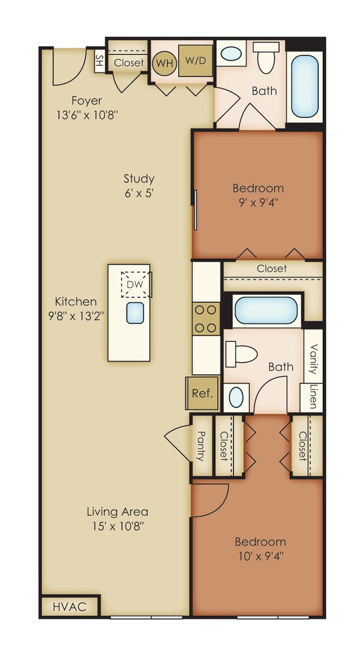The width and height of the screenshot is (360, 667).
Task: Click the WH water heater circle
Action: point(164,63)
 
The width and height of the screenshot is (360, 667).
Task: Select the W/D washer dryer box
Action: point(195,61)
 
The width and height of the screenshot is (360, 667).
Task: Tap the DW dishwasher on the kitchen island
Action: point(136,284)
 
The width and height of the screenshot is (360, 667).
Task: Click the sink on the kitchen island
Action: point(135,313)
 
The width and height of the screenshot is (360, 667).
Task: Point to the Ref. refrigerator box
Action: point(203,393)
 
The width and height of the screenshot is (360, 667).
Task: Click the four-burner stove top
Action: point(206,319)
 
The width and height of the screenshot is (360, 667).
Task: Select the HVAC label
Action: point(69,606)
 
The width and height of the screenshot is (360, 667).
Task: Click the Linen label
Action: point(313,397)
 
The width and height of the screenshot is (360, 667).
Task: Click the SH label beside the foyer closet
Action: point(100,63)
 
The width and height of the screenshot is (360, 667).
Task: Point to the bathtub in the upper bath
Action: point(305,86)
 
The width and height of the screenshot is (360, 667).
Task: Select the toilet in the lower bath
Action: point(242,354)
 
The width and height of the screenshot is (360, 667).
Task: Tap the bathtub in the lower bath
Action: point(266,310)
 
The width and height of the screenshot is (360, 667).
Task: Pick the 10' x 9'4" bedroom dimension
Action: point(260,556)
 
